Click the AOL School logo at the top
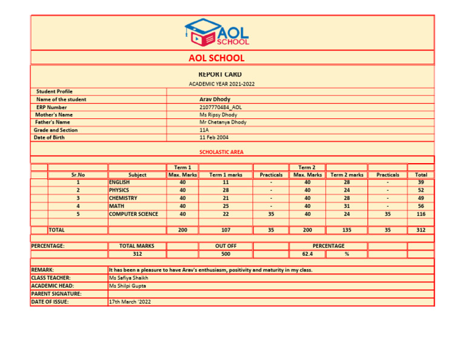click(x=217, y=32)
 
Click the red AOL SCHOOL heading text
click(x=217, y=58)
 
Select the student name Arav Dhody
click(x=215, y=99)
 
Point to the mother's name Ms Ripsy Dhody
click(x=218, y=115)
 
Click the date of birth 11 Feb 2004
click(x=214, y=137)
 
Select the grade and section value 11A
click(x=204, y=130)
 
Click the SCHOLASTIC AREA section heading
click(x=222, y=152)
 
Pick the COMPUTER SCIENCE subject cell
click(x=134, y=214)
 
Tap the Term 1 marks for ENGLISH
click(x=225, y=182)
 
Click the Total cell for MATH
click(x=420, y=206)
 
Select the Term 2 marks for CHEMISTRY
click(x=346, y=198)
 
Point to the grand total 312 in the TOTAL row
click(x=420, y=230)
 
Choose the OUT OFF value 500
click(x=225, y=254)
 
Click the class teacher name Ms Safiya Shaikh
click(x=128, y=278)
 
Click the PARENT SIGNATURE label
click(x=56, y=293)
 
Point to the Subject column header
click(x=137, y=175)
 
